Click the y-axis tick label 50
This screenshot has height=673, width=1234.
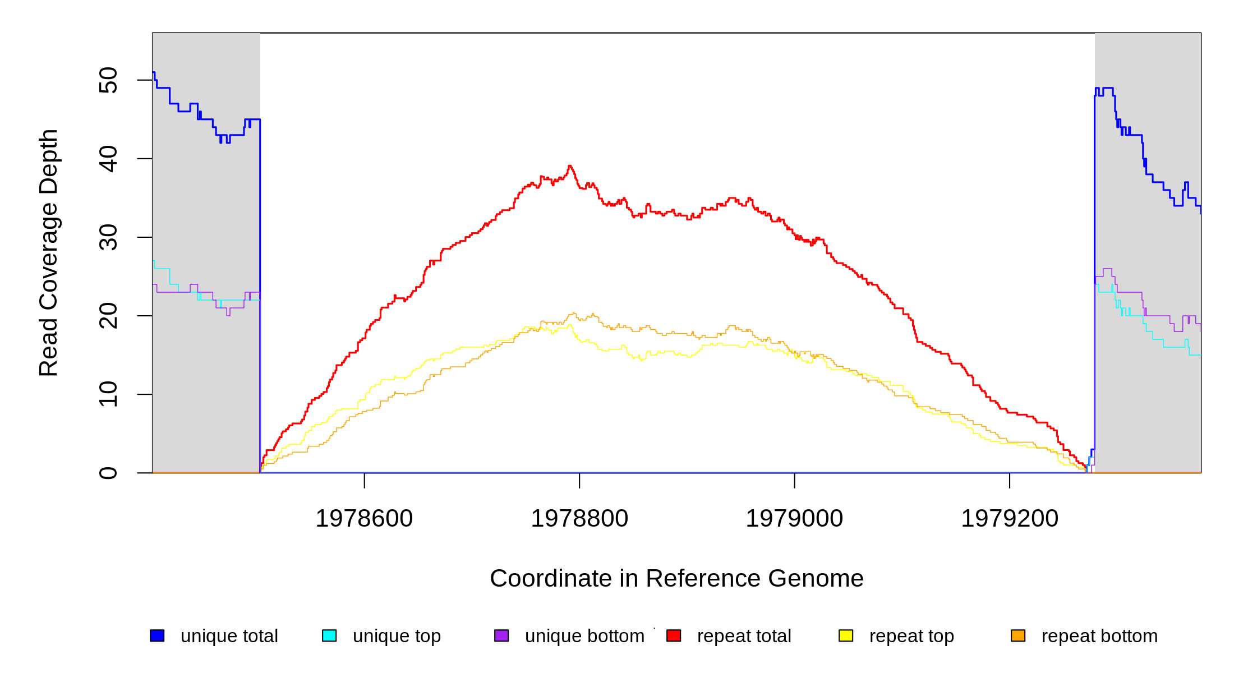tap(108, 80)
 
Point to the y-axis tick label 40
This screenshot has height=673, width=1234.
tap(108, 159)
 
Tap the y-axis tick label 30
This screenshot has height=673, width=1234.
tap(108, 237)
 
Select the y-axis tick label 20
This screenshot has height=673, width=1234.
tap(108, 316)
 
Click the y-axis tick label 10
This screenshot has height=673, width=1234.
tap(108, 394)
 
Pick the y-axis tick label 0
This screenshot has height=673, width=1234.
tap(108, 473)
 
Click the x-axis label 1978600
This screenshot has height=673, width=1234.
tap(364, 519)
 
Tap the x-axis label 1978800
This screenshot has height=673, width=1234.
tap(579, 519)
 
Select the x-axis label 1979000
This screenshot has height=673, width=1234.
tap(794, 519)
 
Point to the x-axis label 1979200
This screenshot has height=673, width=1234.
tap(1010, 519)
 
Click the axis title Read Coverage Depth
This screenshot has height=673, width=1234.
tap(49, 252)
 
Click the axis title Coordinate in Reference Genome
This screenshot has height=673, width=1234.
tap(676, 579)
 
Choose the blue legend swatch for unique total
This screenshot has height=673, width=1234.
tap(157, 635)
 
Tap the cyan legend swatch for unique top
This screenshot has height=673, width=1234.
tap(329, 635)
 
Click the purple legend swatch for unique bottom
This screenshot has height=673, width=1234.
tap(501, 635)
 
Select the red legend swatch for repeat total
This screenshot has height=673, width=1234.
tap(674, 635)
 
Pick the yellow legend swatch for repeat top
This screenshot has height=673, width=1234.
tap(846, 635)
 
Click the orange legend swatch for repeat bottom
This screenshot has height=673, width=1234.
tap(1018, 635)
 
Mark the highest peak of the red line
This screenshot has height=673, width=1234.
tap(570, 166)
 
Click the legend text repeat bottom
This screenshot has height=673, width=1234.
tap(1099, 636)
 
